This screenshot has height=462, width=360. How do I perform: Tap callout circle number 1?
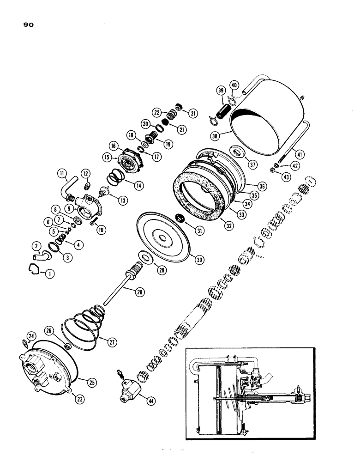tap(49, 274)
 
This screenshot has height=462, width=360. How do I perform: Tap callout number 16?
tap(112, 145)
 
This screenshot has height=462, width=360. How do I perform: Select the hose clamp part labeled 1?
tap(34, 268)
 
